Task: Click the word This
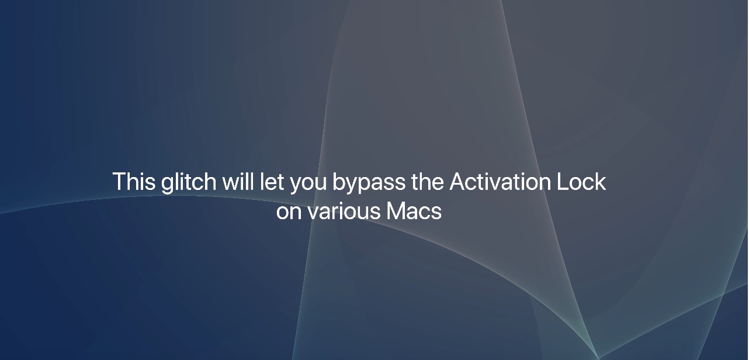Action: pos(134,182)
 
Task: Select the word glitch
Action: pos(189,183)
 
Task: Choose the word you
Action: pos(308,185)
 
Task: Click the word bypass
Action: pos(369,183)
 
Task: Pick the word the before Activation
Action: pos(428,182)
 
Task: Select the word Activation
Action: pos(500,182)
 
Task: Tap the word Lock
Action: pos(581,182)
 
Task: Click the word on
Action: pos(289,212)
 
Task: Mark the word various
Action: pos(344,211)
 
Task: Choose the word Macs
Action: pos(414,211)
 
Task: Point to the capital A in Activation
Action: pos(458,182)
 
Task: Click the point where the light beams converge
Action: pos(598,358)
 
